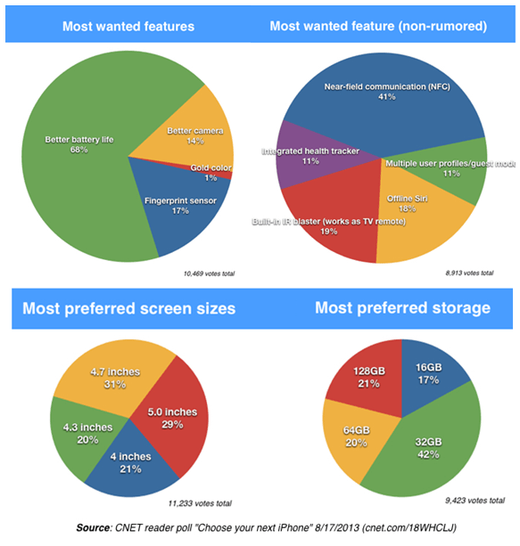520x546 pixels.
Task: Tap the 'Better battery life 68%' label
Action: (x=78, y=144)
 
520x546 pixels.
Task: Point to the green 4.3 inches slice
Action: (x=82, y=432)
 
